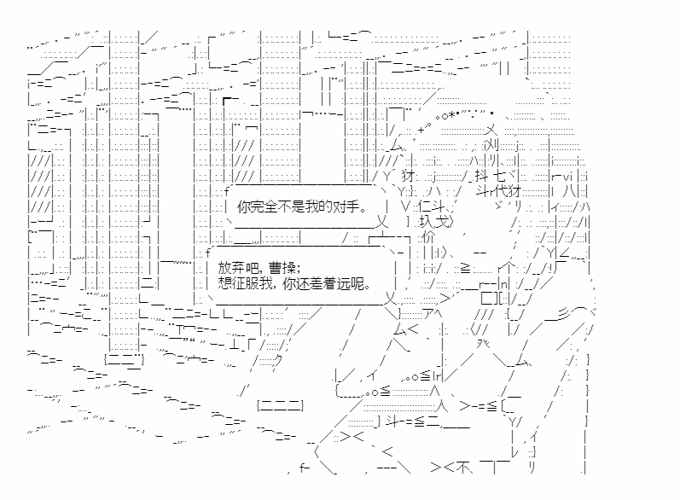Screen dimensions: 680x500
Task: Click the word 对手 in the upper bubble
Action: tap(348, 206)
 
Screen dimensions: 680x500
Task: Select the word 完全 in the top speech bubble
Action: tap(264, 206)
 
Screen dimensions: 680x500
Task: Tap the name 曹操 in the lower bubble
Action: tap(282, 267)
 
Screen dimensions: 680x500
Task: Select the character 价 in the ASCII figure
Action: tap(428, 236)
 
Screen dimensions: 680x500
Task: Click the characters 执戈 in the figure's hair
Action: tap(435, 221)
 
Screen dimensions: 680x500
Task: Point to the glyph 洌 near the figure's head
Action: tap(491, 144)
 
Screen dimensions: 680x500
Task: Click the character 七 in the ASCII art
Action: tap(500, 176)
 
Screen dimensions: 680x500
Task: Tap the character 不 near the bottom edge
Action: tap(463, 467)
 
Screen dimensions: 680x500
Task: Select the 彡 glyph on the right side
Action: tap(563, 314)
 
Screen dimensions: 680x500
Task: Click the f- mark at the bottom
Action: tap(305, 468)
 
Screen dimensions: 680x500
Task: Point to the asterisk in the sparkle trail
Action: tap(451, 116)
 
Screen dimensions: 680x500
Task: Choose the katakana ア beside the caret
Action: tap(428, 314)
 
